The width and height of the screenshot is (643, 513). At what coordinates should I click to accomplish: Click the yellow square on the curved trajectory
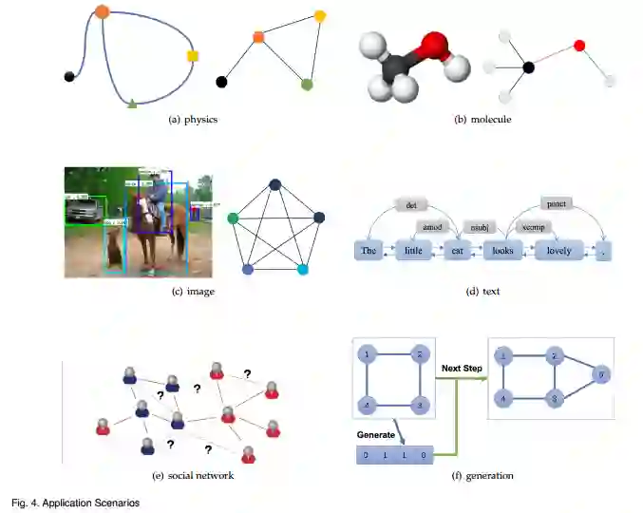pos(194,57)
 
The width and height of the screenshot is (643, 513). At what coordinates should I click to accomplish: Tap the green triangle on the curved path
pos(132,102)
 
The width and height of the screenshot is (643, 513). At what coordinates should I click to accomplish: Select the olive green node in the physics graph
pos(307,85)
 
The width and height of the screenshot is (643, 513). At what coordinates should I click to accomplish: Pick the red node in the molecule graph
pos(579,45)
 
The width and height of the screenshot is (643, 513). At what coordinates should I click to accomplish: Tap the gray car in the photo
pos(86,210)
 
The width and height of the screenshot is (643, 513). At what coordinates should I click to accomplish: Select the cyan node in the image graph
pos(303,271)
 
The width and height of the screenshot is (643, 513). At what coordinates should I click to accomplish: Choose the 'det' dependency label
pos(411,203)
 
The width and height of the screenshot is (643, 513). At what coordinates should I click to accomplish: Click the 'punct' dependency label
pos(557,203)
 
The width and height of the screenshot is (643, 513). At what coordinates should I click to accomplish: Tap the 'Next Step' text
pos(463,366)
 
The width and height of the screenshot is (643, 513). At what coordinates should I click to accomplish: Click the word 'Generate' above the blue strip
pos(375,433)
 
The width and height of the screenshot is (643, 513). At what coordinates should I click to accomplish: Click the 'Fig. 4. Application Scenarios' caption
pos(75,502)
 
